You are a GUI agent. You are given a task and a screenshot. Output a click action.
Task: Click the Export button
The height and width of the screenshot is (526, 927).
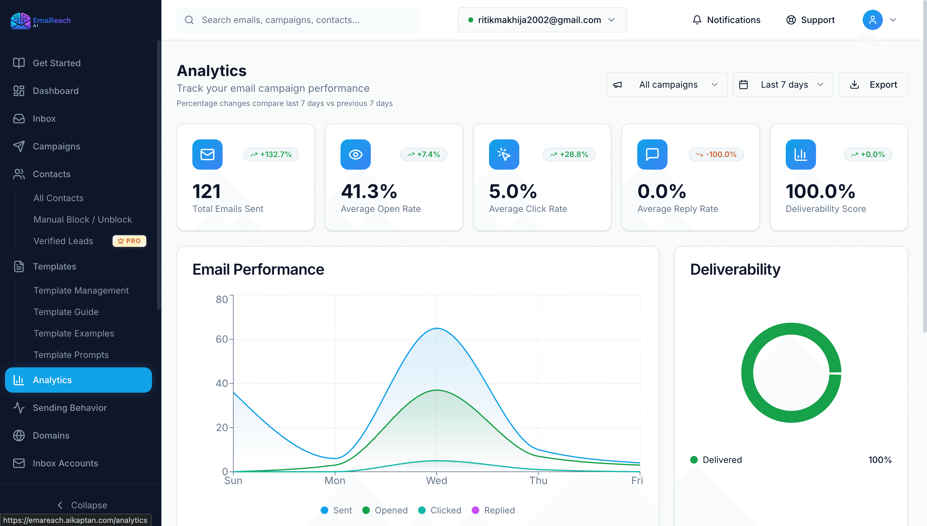click(x=873, y=85)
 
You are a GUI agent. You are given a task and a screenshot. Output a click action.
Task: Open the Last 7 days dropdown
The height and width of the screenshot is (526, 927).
click(x=783, y=85)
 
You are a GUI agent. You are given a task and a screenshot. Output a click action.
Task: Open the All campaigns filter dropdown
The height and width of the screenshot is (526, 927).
click(x=667, y=85)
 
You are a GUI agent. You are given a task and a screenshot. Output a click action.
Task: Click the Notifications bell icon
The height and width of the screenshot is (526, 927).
click(x=697, y=20)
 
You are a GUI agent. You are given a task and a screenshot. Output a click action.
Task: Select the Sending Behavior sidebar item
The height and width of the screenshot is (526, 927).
click(x=70, y=407)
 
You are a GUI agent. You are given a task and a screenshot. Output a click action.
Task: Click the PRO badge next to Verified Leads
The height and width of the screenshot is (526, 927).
click(x=129, y=241)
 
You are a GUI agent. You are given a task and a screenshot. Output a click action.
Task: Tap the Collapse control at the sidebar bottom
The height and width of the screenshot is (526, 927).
click(x=82, y=505)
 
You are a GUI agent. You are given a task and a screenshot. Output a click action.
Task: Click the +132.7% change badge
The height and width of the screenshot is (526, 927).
click(x=271, y=155)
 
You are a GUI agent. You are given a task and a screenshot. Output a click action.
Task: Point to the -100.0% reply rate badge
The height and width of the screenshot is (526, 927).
click(x=716, y=155)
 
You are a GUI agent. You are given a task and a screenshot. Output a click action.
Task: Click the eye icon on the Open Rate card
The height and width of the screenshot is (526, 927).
click(x=355, y=155)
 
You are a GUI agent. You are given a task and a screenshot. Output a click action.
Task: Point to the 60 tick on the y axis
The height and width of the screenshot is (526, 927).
click(x=222, y=339)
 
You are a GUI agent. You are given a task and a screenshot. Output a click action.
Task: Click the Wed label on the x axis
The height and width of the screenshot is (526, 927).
click(x=436, y=481)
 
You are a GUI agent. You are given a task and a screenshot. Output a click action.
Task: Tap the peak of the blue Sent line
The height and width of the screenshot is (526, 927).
click(x=437, y=328)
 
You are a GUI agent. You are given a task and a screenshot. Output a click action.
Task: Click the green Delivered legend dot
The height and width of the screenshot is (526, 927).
click(x=694, y=459)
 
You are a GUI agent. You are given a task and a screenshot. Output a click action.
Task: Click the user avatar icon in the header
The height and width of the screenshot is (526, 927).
click(x=872, y=20)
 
